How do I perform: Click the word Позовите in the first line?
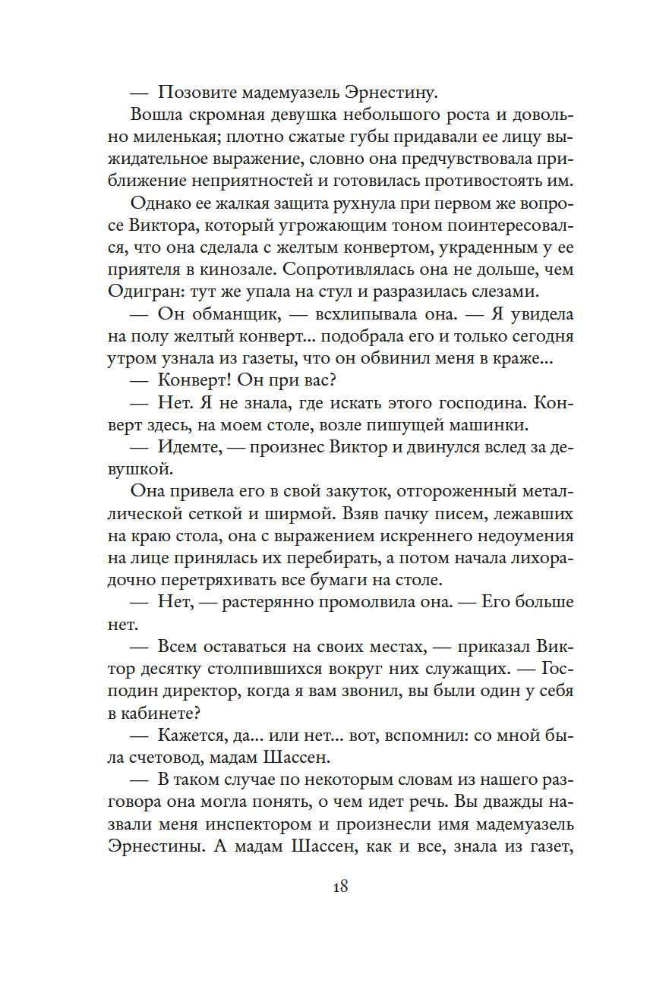[197, 93]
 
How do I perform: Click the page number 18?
[339, 885]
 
